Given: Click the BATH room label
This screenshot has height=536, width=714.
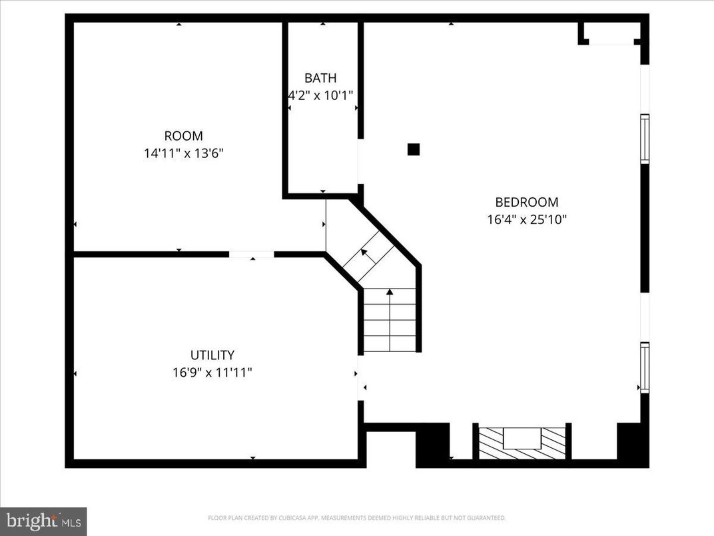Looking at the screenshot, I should [x=320, y=78].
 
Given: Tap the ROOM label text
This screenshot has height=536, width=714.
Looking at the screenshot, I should [x=183, y=136].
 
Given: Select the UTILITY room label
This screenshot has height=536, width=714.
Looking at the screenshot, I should [x=212, y=355].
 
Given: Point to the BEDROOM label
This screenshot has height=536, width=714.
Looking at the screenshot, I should [x=526, y=202].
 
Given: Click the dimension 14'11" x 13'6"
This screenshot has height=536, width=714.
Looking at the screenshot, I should [x=183, y=153].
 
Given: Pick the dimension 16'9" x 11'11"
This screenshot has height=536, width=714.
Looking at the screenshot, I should [x=212, y=373].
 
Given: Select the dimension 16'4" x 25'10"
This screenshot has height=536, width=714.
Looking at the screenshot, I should [x=526, y=219].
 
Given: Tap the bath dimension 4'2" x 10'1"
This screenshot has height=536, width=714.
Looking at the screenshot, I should [x=320, y=95].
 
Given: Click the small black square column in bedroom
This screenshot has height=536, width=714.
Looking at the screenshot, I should [x=414, y=149].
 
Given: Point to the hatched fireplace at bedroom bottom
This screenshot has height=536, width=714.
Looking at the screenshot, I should [x=522, y=442].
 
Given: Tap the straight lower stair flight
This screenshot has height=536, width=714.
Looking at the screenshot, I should [x=390, y=320].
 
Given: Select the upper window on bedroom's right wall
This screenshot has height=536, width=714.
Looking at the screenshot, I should [x=644, y=139].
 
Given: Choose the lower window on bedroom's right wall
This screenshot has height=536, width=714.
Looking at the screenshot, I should [x=644, y=367].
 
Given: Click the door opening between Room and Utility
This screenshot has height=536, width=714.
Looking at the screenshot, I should [x=251, y=254].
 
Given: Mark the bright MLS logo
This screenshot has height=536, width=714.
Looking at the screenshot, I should [x=43, y=521].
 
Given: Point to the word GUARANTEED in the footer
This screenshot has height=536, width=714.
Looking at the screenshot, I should [x=487, y=518].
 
